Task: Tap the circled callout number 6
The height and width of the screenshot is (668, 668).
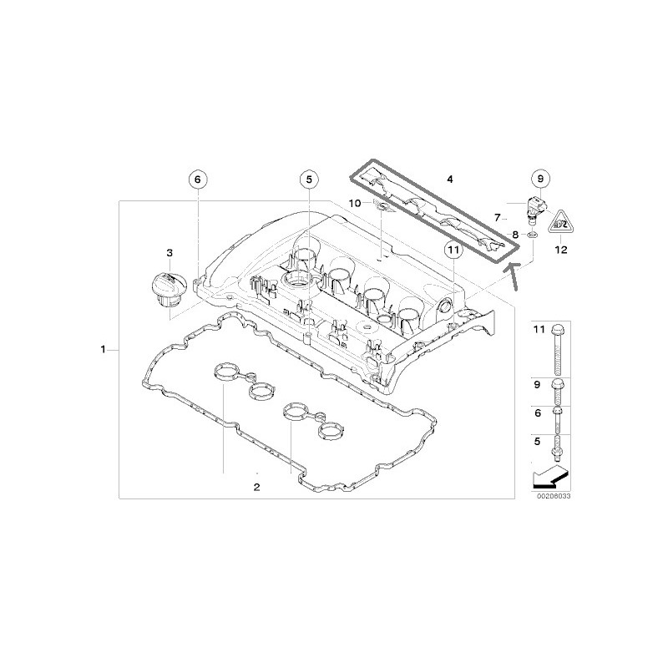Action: click(x=197, y=180)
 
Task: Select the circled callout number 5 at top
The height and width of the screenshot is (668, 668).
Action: click(x=309, y=180)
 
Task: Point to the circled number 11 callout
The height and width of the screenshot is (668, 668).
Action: click(x=453, y=250)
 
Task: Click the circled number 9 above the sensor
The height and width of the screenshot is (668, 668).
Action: click(x=540, y=179)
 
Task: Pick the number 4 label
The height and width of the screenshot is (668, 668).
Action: click(x=450, y=180)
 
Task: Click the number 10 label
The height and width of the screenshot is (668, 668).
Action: click(x=355, y=203)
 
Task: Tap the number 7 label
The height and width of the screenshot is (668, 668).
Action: click(x=497, y=218)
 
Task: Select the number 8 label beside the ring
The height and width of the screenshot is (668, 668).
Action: click(x=515, y=235)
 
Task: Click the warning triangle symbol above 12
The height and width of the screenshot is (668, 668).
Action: click(x=560, y=222)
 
